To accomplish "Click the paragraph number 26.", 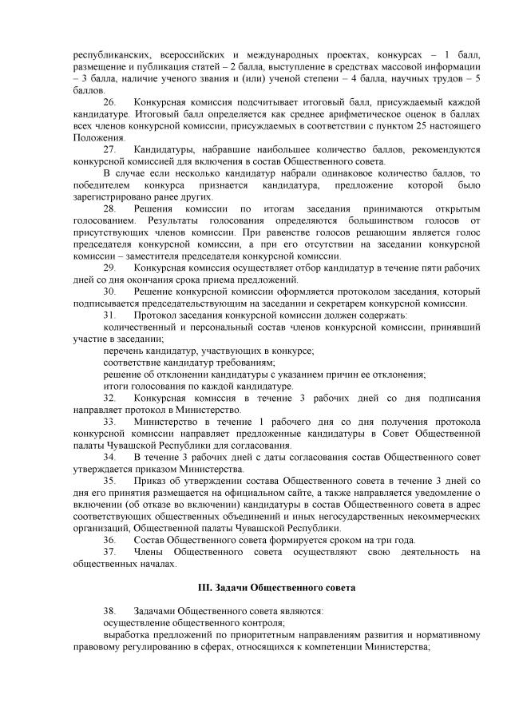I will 110,103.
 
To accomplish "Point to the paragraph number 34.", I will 110,456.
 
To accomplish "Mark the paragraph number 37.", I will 110,550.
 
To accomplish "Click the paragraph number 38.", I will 110,609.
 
